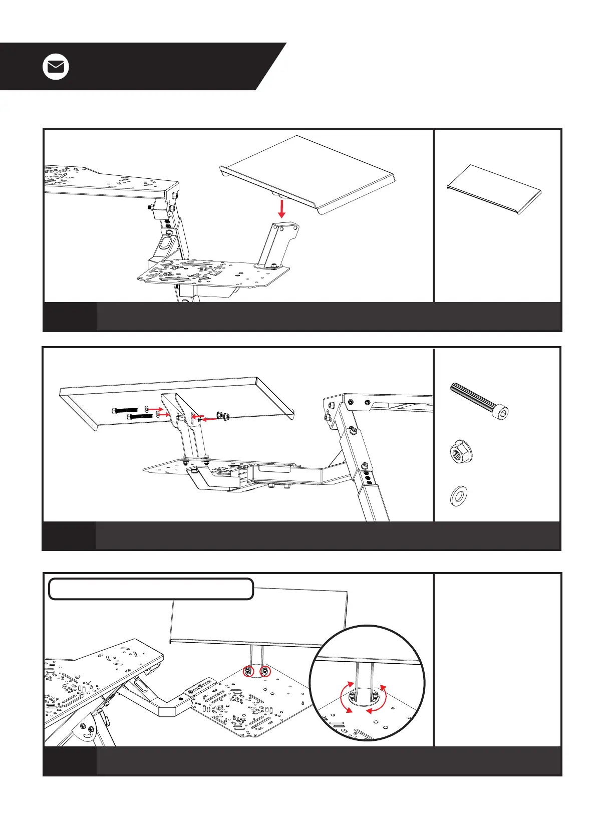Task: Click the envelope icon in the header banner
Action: click(56, 67)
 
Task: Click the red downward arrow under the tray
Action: click(282, 208)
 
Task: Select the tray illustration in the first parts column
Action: click(494, 189)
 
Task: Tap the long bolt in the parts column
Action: click(479, 400)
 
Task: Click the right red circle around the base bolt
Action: click(265, 671)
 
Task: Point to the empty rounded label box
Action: click(151, 589)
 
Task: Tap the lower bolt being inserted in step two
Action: click(141, 416)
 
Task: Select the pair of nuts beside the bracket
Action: click(222, 415)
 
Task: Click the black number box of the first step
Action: click(70, 317)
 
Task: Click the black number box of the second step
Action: click(69, 535)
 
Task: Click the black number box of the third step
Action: click(70, 761)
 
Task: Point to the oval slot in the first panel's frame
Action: click(164, 245)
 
